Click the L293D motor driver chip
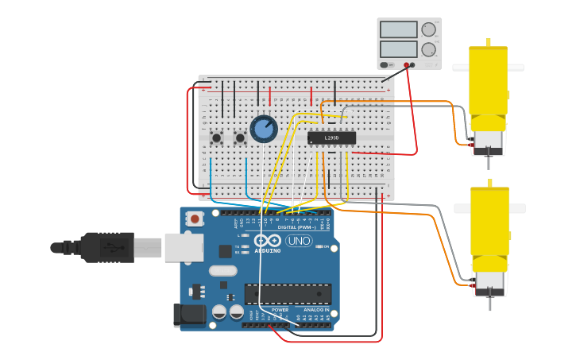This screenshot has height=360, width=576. coord(331,138)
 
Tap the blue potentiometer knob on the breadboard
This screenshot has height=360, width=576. coord(263,129)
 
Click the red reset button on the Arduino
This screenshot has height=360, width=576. coord(194,218)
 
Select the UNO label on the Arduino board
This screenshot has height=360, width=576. coord(299,241)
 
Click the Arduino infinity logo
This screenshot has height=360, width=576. coord(267,240)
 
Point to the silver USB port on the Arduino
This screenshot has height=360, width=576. coord(184,247)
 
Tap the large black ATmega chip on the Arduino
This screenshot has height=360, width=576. coord(288,293)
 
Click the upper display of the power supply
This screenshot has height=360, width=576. coord(398,30)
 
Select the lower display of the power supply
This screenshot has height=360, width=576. coord(398,49)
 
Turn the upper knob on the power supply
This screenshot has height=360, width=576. coord(429,30)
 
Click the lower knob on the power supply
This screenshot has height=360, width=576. coord(429,49)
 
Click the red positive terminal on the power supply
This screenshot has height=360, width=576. coord(406,65)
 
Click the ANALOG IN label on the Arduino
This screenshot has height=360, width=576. coord(315,310)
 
